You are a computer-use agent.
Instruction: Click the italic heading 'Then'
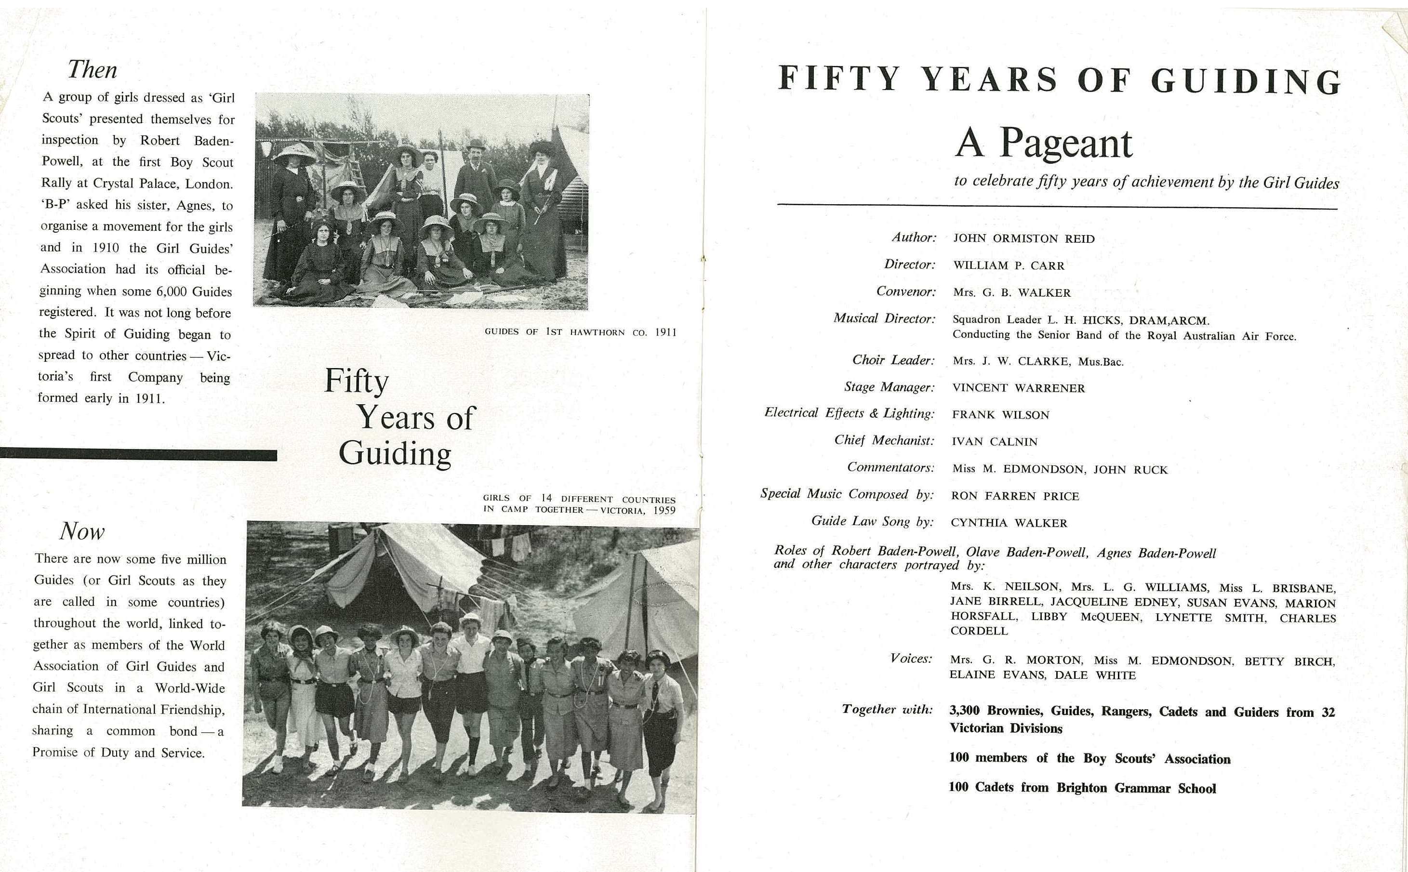(x=93, y=70)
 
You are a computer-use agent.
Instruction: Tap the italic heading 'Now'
(x=82, y=531)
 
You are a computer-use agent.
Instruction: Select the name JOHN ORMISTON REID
(x=1024, y=239)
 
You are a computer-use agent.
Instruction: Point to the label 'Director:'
(x=910, y=264)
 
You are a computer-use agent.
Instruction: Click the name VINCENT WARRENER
(x=1018, y=388)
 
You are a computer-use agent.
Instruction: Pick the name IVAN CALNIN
(x=995, y=442)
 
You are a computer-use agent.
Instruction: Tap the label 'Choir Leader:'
(x=893, y=360)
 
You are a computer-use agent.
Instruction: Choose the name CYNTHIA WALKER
(x=1009, y=523)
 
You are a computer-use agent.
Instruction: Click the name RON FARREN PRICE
(x=1015, y=496)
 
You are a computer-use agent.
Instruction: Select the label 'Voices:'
(x=911, y=659)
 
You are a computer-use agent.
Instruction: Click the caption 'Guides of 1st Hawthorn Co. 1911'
(x=580, y=332)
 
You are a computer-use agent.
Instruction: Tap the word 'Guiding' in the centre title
(x=395, y=453)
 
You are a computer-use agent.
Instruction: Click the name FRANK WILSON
(x=1000, y=415)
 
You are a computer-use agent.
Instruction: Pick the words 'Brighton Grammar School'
(x=1136, y=788)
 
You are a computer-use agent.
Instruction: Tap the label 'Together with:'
(x=887, y=709)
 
